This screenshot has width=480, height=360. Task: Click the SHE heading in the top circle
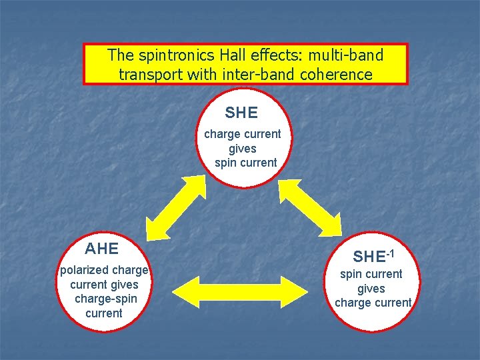(241, 113)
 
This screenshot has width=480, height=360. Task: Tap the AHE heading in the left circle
(102, 249)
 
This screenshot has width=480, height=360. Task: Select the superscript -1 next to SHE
(391, 253)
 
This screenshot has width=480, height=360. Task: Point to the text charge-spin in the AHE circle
(105, 299)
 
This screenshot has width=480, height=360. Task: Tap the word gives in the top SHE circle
(242, 149)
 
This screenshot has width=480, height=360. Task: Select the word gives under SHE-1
(371, 288)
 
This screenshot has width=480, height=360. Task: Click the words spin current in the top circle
(246, 163)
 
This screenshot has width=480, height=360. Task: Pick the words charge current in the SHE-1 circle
(373, 303)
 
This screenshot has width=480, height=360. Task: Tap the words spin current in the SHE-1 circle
(371, 274)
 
